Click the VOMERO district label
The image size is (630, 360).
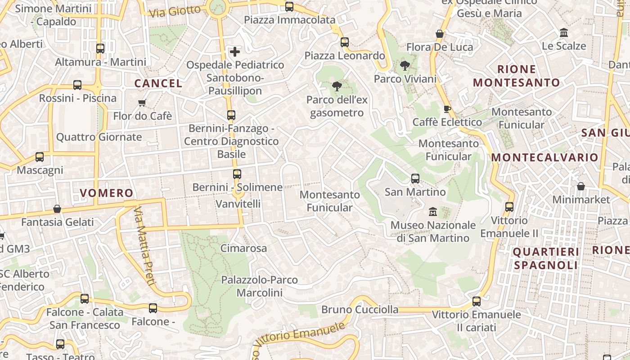point(107,193)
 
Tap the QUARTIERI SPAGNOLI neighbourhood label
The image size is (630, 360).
point(545,258)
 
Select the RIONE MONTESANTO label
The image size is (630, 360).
point(517,76)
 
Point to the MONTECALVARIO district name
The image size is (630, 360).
point(544,157)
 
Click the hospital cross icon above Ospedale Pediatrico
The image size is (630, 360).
point(235,52)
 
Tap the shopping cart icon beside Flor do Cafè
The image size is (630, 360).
point(142,103)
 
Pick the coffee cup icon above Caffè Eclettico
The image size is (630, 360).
point(447,108)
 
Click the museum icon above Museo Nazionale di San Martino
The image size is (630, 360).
point(433,211)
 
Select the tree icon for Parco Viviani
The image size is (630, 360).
point(405,66)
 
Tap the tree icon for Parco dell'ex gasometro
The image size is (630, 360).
point(336,86)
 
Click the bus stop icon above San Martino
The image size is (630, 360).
point(415,179)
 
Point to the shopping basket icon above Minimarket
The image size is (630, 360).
point(581,186)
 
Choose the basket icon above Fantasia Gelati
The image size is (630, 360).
point(57,209)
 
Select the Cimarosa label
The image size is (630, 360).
point(243,248)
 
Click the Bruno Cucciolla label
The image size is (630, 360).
point(360,310)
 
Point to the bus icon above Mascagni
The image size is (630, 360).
point(40,157)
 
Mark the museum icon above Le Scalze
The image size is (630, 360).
point(563,32)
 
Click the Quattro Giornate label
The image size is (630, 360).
point(99,137)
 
